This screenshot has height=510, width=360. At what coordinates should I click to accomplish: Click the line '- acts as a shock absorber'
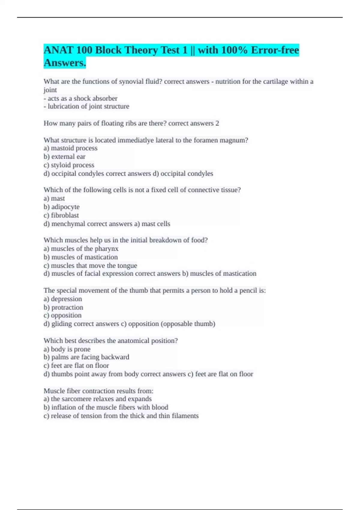coord(80,98)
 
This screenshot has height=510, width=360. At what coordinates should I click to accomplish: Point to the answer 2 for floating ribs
coord(217,123)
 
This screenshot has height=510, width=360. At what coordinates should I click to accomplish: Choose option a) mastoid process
coord(70,148)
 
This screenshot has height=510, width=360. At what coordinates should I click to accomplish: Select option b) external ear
coord(64,157)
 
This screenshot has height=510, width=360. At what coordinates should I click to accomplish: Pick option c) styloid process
coord(69,165)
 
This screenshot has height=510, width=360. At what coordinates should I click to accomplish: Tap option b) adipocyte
coord(61,207)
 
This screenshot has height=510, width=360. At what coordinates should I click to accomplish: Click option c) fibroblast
coord(61,215)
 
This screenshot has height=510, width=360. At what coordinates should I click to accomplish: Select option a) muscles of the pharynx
coord(81,249)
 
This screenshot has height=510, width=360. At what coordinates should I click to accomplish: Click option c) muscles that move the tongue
coord(90,265)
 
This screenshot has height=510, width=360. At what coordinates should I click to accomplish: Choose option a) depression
coord(63,299)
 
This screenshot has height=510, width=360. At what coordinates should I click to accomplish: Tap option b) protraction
coord(63,307)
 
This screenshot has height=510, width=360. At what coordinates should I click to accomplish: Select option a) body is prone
coord(67,349)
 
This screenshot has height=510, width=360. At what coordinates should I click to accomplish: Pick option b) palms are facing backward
coord(86,357)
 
